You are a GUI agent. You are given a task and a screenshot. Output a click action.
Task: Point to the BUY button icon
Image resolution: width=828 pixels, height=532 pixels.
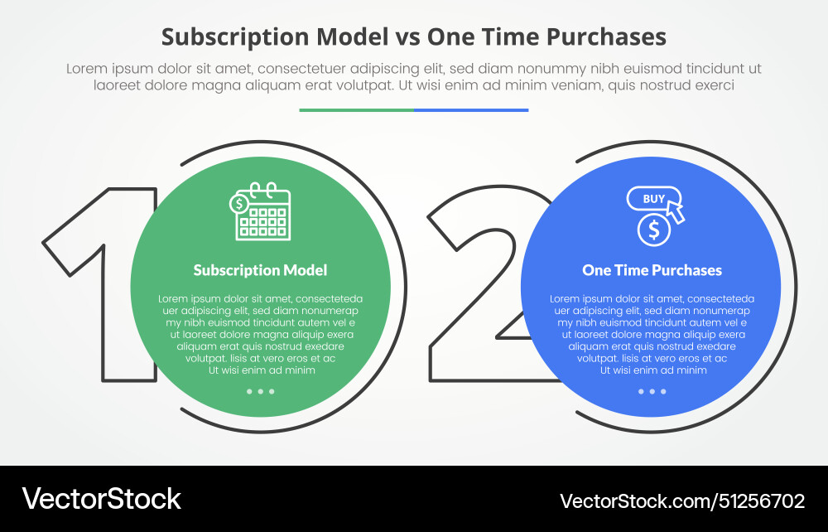pos(653,199)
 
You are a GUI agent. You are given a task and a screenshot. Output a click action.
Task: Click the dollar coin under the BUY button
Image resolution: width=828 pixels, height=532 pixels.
pos(654,230)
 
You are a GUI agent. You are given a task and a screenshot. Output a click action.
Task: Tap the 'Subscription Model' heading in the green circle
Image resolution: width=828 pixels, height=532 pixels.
pos(260,270)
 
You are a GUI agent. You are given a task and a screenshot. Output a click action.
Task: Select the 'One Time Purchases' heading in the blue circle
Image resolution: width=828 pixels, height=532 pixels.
pos(652,270)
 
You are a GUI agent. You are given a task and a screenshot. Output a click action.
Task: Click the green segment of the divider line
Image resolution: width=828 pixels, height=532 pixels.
pos(356,109)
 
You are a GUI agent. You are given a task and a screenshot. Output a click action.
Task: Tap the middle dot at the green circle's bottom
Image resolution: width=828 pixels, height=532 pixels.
pos(260,391)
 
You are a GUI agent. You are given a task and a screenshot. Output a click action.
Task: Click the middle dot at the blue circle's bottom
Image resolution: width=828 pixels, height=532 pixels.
pos(652,391)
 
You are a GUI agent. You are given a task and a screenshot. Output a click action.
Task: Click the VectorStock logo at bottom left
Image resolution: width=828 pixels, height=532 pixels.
pos(101,499)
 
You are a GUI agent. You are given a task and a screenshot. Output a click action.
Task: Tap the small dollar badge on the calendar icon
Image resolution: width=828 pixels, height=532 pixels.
pos(239,203)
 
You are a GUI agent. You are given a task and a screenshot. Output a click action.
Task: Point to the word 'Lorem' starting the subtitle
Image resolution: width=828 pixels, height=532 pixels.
pos(86,69)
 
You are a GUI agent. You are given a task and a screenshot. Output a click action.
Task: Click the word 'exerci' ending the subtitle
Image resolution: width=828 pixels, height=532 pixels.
pos(715,85)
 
